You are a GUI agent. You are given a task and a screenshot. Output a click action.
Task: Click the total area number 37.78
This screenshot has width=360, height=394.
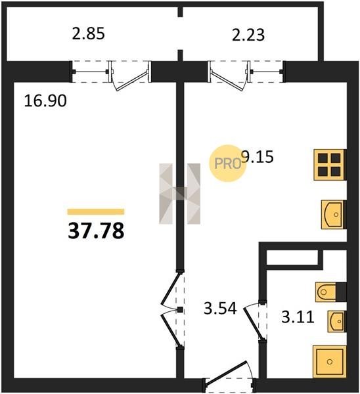96,231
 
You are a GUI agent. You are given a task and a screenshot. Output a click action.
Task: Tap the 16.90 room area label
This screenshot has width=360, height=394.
45,100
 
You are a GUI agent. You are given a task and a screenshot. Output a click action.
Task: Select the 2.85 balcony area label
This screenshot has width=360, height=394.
88,33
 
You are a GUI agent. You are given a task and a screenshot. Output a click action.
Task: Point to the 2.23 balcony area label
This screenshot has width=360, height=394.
248,35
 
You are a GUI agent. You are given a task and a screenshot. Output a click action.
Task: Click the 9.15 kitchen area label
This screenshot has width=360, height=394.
258,157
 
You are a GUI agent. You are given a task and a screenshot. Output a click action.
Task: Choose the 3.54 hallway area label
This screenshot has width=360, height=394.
220,309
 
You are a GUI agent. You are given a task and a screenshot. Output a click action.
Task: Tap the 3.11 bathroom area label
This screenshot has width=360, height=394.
298,317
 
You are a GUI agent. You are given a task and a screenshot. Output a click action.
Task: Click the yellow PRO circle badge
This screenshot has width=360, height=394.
227,164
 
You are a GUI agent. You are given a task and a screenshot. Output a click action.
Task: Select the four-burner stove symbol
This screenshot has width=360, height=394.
330,165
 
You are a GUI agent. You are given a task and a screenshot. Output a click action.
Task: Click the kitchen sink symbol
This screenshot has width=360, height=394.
333,214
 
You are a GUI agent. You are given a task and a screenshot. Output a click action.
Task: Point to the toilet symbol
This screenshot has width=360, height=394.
330,292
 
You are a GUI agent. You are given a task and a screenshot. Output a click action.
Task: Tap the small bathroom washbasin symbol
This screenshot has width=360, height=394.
337,321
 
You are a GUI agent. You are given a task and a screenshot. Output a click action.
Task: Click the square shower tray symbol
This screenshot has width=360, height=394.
330,362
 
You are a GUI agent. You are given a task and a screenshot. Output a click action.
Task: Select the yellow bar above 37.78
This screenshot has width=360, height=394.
96,212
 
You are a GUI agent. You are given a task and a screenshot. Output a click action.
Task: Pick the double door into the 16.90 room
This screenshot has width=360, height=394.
173,309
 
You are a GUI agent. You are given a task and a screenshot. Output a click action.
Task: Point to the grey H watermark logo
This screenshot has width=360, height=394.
180,194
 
